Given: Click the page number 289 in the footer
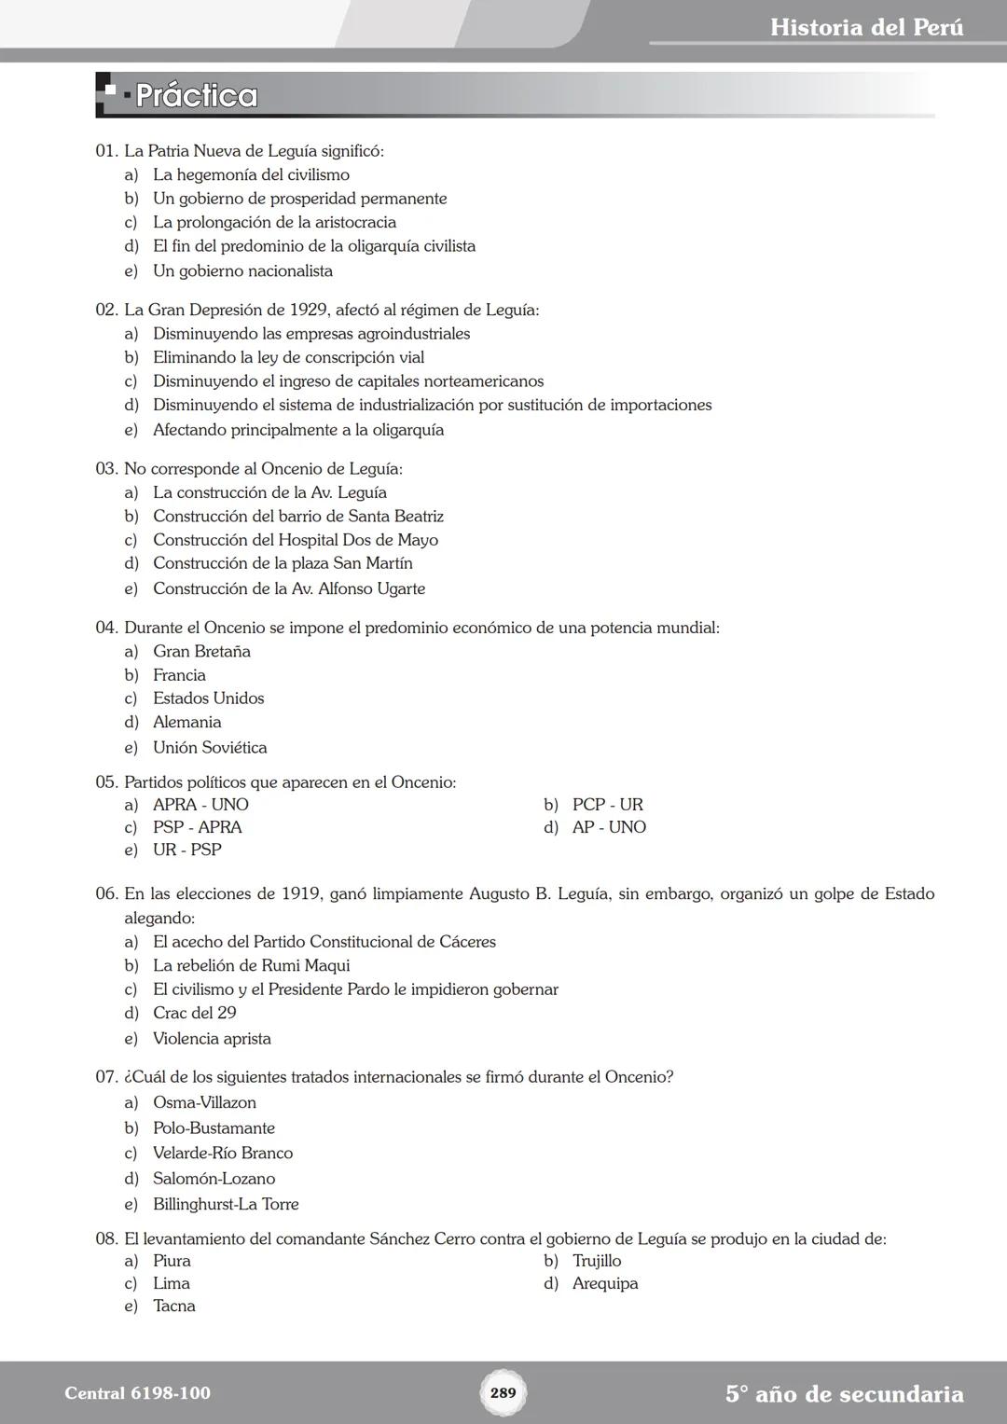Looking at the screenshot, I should [x=503, y=1392].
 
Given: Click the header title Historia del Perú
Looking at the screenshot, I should [x=866, y=27].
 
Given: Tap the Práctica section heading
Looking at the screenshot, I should [x=196, y=95].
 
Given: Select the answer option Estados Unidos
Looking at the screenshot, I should [x=208, y=698].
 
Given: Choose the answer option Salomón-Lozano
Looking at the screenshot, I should [x=214, y=1179].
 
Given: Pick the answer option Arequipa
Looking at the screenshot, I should [x=605, y=1283].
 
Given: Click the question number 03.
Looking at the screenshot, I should [x=106, y=468].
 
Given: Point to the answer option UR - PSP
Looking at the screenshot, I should [x=186, y=850].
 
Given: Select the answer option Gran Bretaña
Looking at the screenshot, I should [x=201, y=651].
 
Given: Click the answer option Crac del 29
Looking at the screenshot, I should [x=194, y=1013].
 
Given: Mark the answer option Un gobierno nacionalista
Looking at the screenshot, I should [x=242, y=270].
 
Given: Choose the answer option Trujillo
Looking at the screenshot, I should [x=597, y=1261].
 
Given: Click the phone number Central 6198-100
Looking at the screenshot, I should [x=137, y=1393].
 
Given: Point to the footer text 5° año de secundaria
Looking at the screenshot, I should [x=844, y=1394].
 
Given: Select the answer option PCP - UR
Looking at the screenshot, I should [x=607, y=804].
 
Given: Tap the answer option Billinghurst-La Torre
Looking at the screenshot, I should [x=226, y=1204].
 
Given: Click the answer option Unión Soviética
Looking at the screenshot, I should [x=210, y=747].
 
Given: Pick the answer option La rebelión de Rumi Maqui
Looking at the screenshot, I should [x=251, y=965].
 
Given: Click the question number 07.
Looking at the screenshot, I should [x=106, y=1077].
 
